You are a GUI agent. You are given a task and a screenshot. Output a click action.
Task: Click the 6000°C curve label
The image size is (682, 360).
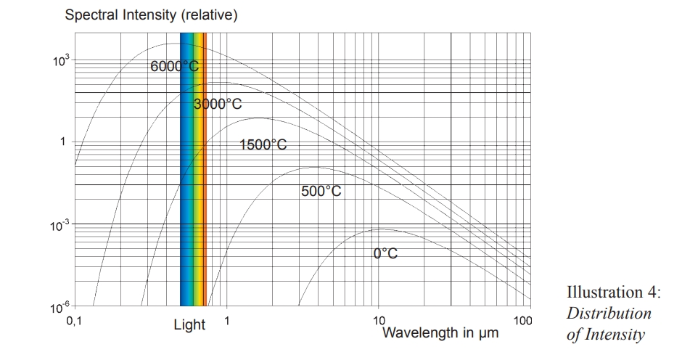[x=174, y=66]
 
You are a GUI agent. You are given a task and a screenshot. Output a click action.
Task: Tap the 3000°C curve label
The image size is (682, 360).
[x=218, y=104]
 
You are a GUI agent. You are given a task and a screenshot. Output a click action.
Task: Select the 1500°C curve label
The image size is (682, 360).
[x=263, y=145]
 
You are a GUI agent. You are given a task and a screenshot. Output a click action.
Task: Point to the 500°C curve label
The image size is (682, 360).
[x=321, y=192]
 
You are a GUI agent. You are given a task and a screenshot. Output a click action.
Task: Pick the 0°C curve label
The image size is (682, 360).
[x=386, y=254]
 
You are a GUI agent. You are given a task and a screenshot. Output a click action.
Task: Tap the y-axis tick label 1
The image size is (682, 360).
[x=63, y=141]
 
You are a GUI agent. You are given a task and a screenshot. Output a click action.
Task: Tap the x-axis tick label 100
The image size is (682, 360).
[x=522, y=320]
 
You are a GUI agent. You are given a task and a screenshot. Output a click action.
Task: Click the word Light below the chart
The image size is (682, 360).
[x=189, y=325]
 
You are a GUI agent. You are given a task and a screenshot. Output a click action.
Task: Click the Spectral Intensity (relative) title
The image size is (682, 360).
[x=152, y=15]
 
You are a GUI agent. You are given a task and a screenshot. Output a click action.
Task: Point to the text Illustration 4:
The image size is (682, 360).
[x=613, y=292]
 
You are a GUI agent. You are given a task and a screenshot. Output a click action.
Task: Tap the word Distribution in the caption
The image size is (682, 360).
[x=609, y=314]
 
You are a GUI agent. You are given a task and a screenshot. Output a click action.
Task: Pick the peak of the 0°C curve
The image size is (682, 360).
[x=379, y=229]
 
